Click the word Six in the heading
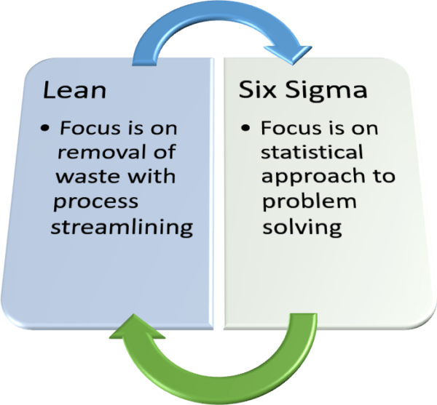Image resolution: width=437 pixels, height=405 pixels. point(256,91)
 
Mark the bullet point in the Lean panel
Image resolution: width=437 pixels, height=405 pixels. point(46,131)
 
